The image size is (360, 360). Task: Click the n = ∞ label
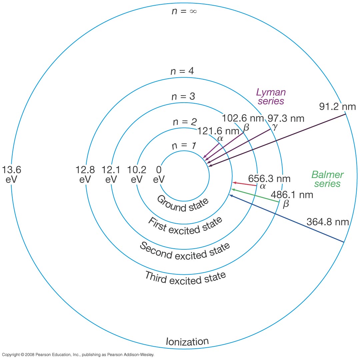(x=184, y=11)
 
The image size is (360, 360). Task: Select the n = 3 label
(x=183, y=96)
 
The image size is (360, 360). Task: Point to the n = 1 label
(x=184, y=146)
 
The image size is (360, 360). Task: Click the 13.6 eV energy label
(x=11, y=175)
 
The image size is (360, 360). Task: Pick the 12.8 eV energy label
(x=85, y=175)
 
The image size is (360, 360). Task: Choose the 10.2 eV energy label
(x=137, y=175)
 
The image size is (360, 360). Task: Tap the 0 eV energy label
(x=159, y=175)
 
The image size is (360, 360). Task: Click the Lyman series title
(x=270, y=96)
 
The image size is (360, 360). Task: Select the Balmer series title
(x=327, y=179)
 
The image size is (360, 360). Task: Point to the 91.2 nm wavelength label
(x=337, y=107)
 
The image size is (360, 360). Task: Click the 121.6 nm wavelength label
(x=213, y=131)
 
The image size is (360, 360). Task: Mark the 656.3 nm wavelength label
(x=270, y=179)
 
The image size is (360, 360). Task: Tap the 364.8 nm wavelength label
(x=327, y=222)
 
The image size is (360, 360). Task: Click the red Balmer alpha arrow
(x=245, y=184)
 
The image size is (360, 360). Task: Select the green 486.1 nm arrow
(x=255, y=196)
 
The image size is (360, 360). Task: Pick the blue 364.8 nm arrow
(x=287, y=219)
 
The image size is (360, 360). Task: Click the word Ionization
(x=187, y=341)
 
